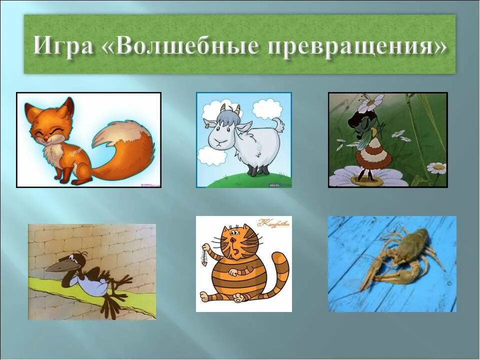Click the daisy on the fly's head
[x=370, y=102]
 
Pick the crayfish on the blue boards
[x=400, y=255]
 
